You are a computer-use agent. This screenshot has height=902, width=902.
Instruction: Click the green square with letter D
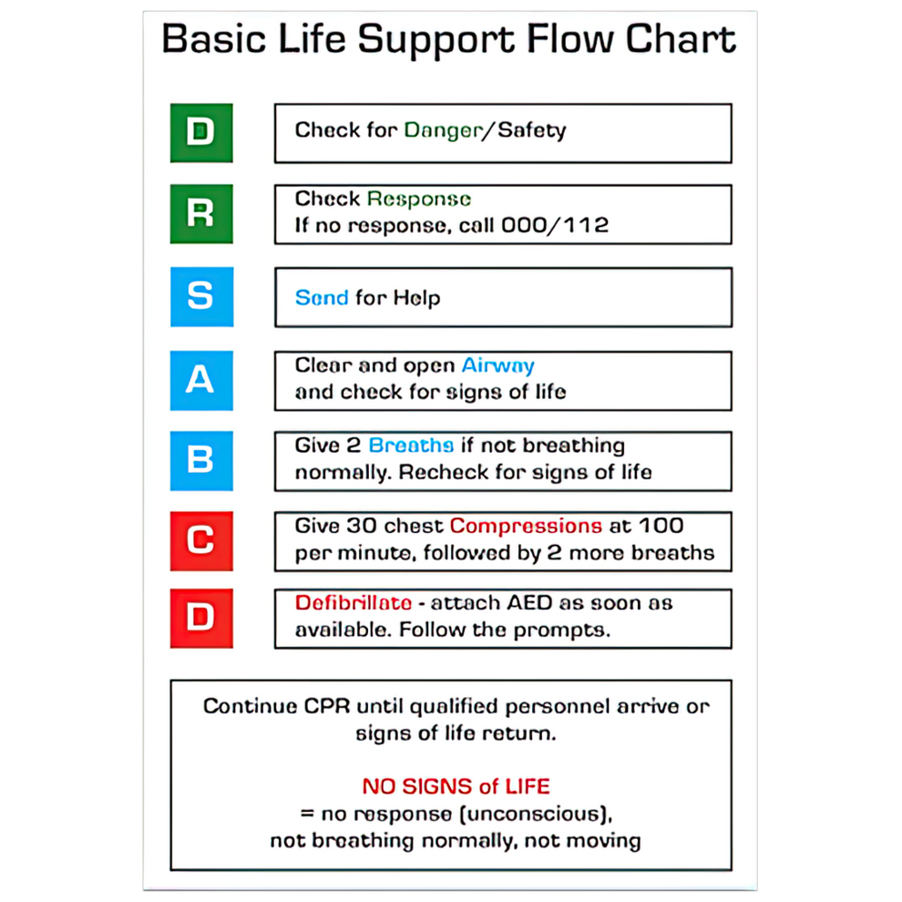point(201,133)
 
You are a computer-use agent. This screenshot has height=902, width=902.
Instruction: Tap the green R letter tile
point(201,214)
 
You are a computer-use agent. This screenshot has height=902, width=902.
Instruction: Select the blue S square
point(201,296)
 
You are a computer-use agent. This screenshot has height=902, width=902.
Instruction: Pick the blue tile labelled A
point(201,380)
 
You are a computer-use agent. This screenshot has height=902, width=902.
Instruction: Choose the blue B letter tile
point(201,460)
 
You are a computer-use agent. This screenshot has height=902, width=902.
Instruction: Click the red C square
point(201,540)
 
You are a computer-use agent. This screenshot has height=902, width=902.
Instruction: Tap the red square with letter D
point(201,618)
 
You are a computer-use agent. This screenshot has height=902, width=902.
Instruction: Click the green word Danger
point(443,130)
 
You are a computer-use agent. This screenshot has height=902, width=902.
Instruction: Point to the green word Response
point(419,199)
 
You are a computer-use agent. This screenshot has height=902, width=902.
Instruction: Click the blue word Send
point(322,298)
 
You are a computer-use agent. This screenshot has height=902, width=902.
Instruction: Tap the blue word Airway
point(497,365)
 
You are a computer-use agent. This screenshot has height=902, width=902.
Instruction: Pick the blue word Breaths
point(411,446)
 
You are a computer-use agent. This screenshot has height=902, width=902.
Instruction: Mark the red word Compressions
point(526,526)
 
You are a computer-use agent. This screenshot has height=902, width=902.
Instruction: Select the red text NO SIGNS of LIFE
point(456,786)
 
